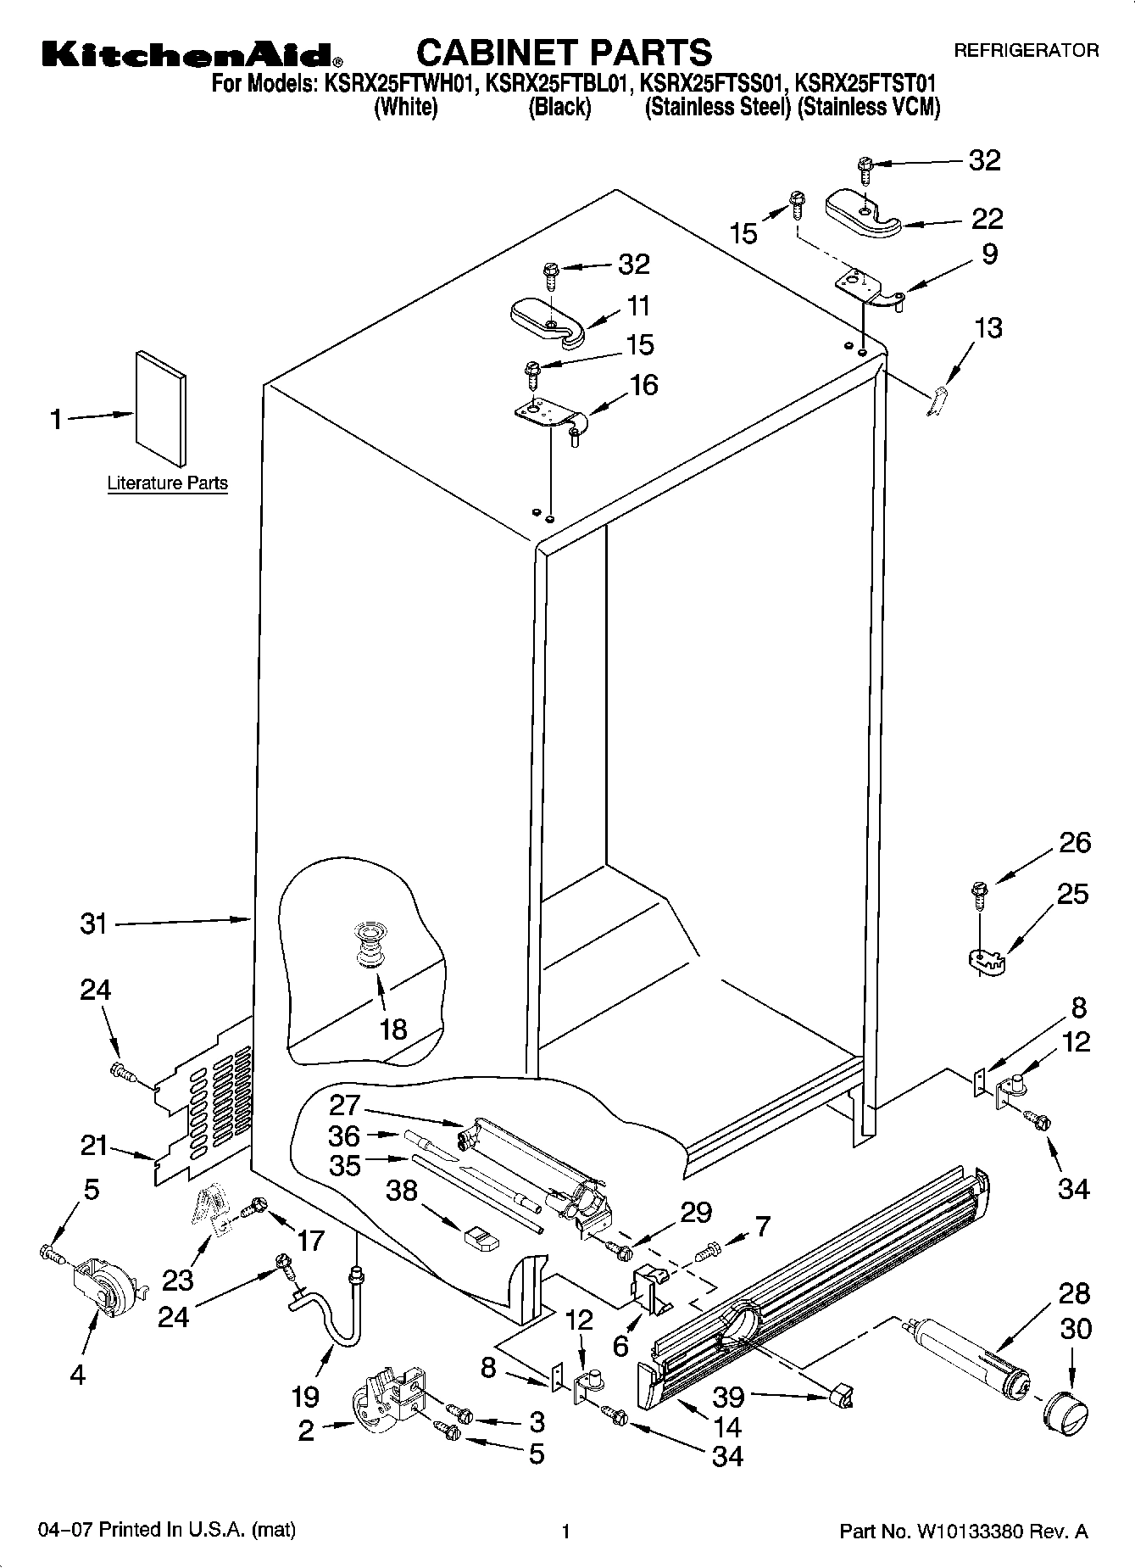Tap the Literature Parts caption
pos(168,483)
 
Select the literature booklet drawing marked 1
pos(159,408)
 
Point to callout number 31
pos(94,924)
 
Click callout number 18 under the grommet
pos(393,1029)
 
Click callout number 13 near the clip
pos(988,327)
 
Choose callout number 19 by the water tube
pos(305,1396)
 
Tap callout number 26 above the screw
pos(1075,842)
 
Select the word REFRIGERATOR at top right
pos(1027,51)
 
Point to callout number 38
pos(402,1191)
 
